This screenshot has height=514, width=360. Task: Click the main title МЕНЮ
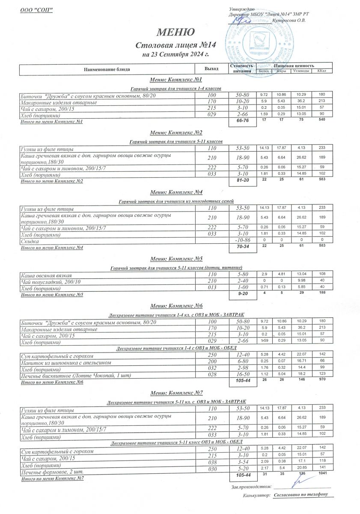(176, 33)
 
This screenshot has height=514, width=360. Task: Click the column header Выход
(211, 69)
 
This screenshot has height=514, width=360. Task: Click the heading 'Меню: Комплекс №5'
(176, 259)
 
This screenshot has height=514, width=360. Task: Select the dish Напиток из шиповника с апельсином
(66, 362)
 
